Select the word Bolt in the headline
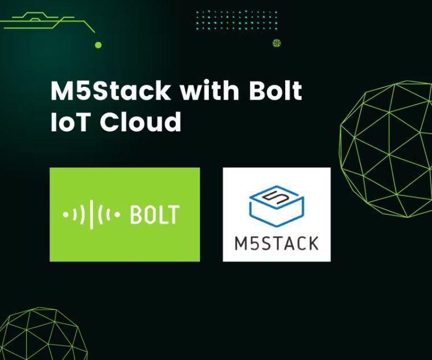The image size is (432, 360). pyautogui.click(x=273, y=92)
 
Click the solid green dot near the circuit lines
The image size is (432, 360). pyautogui.click(x=98, y=44)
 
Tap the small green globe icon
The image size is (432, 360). pyautogui.click(x=277, y=43)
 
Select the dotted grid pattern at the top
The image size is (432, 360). pyautogui.click(x=236, y=20)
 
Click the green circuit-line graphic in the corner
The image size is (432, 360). pyautogui.click(x=46, y=23)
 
